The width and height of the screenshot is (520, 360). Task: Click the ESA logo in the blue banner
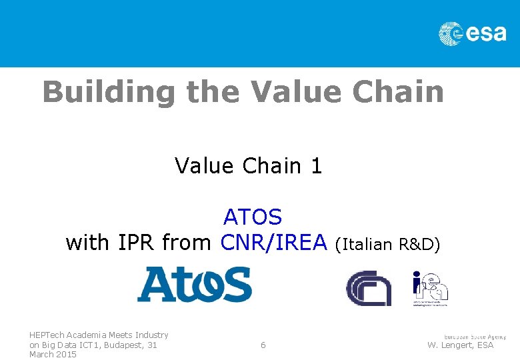pos(472,33)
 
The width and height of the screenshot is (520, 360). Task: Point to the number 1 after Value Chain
pos(316,165)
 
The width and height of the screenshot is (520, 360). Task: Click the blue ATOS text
pos(253,217)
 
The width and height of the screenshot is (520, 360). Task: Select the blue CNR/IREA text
pos(274,243)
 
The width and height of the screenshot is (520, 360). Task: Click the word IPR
pos(137,243)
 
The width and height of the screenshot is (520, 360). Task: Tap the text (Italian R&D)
pos(387,244)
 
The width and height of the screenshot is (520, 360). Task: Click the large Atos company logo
pos(194,284)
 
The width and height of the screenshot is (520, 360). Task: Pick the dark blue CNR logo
pos(368,288)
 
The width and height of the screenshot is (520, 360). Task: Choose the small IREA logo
pos(430,288)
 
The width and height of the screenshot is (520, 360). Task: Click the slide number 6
pos(263,345)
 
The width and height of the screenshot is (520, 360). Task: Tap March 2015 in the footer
pos(53,355)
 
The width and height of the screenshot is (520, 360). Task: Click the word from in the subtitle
pos(187,243)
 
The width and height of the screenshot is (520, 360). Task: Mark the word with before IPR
pos(89,243)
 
